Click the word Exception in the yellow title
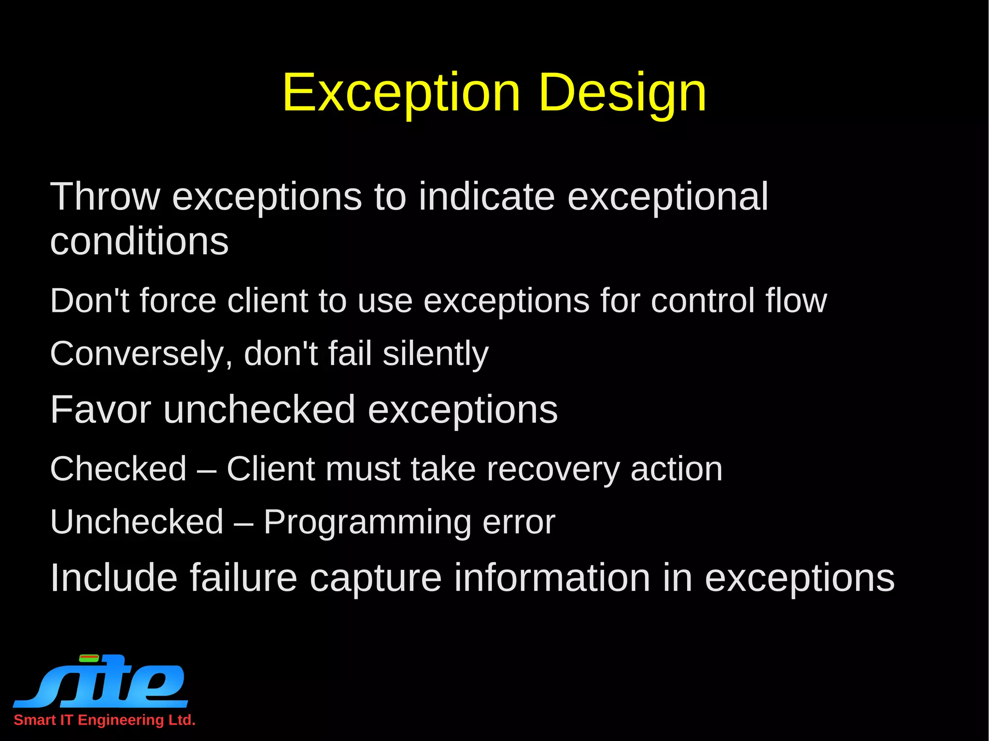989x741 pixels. point(401,92)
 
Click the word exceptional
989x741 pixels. point(667,197)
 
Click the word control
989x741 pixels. point(703,300)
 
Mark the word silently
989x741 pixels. point(436,354)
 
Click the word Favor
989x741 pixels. point(100,409)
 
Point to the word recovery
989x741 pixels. point(553,469)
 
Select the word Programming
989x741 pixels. point(367,522)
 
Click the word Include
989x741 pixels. point(114,577)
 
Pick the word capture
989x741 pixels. point(375,578)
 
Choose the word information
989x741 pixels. point(552,577)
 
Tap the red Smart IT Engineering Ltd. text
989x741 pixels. point(104,720)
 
